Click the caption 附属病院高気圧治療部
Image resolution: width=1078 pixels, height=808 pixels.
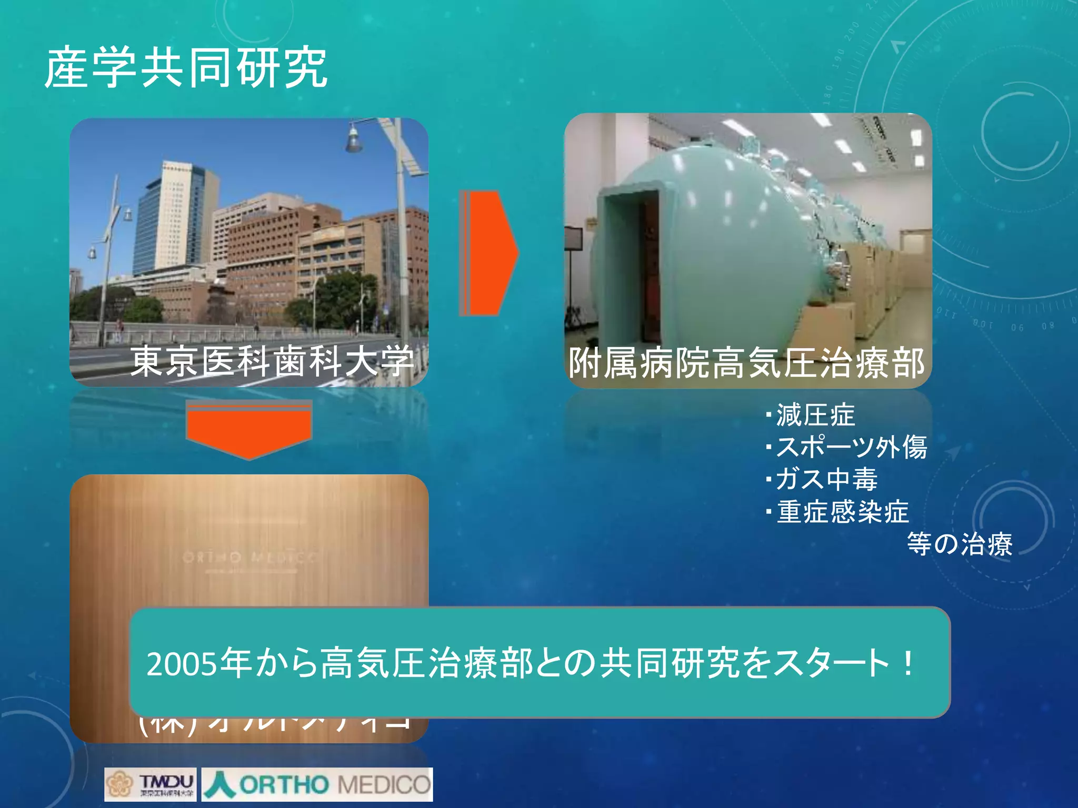pos(746,363)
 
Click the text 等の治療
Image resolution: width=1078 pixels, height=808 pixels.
pos(959,544)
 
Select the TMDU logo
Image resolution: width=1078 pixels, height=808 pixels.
pos(151,784)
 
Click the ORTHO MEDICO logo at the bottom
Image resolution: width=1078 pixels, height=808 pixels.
pos(317,784)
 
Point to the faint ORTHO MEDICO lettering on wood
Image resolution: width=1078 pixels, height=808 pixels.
pos(249,557)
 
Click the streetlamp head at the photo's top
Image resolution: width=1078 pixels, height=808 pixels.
pos(354,139)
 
